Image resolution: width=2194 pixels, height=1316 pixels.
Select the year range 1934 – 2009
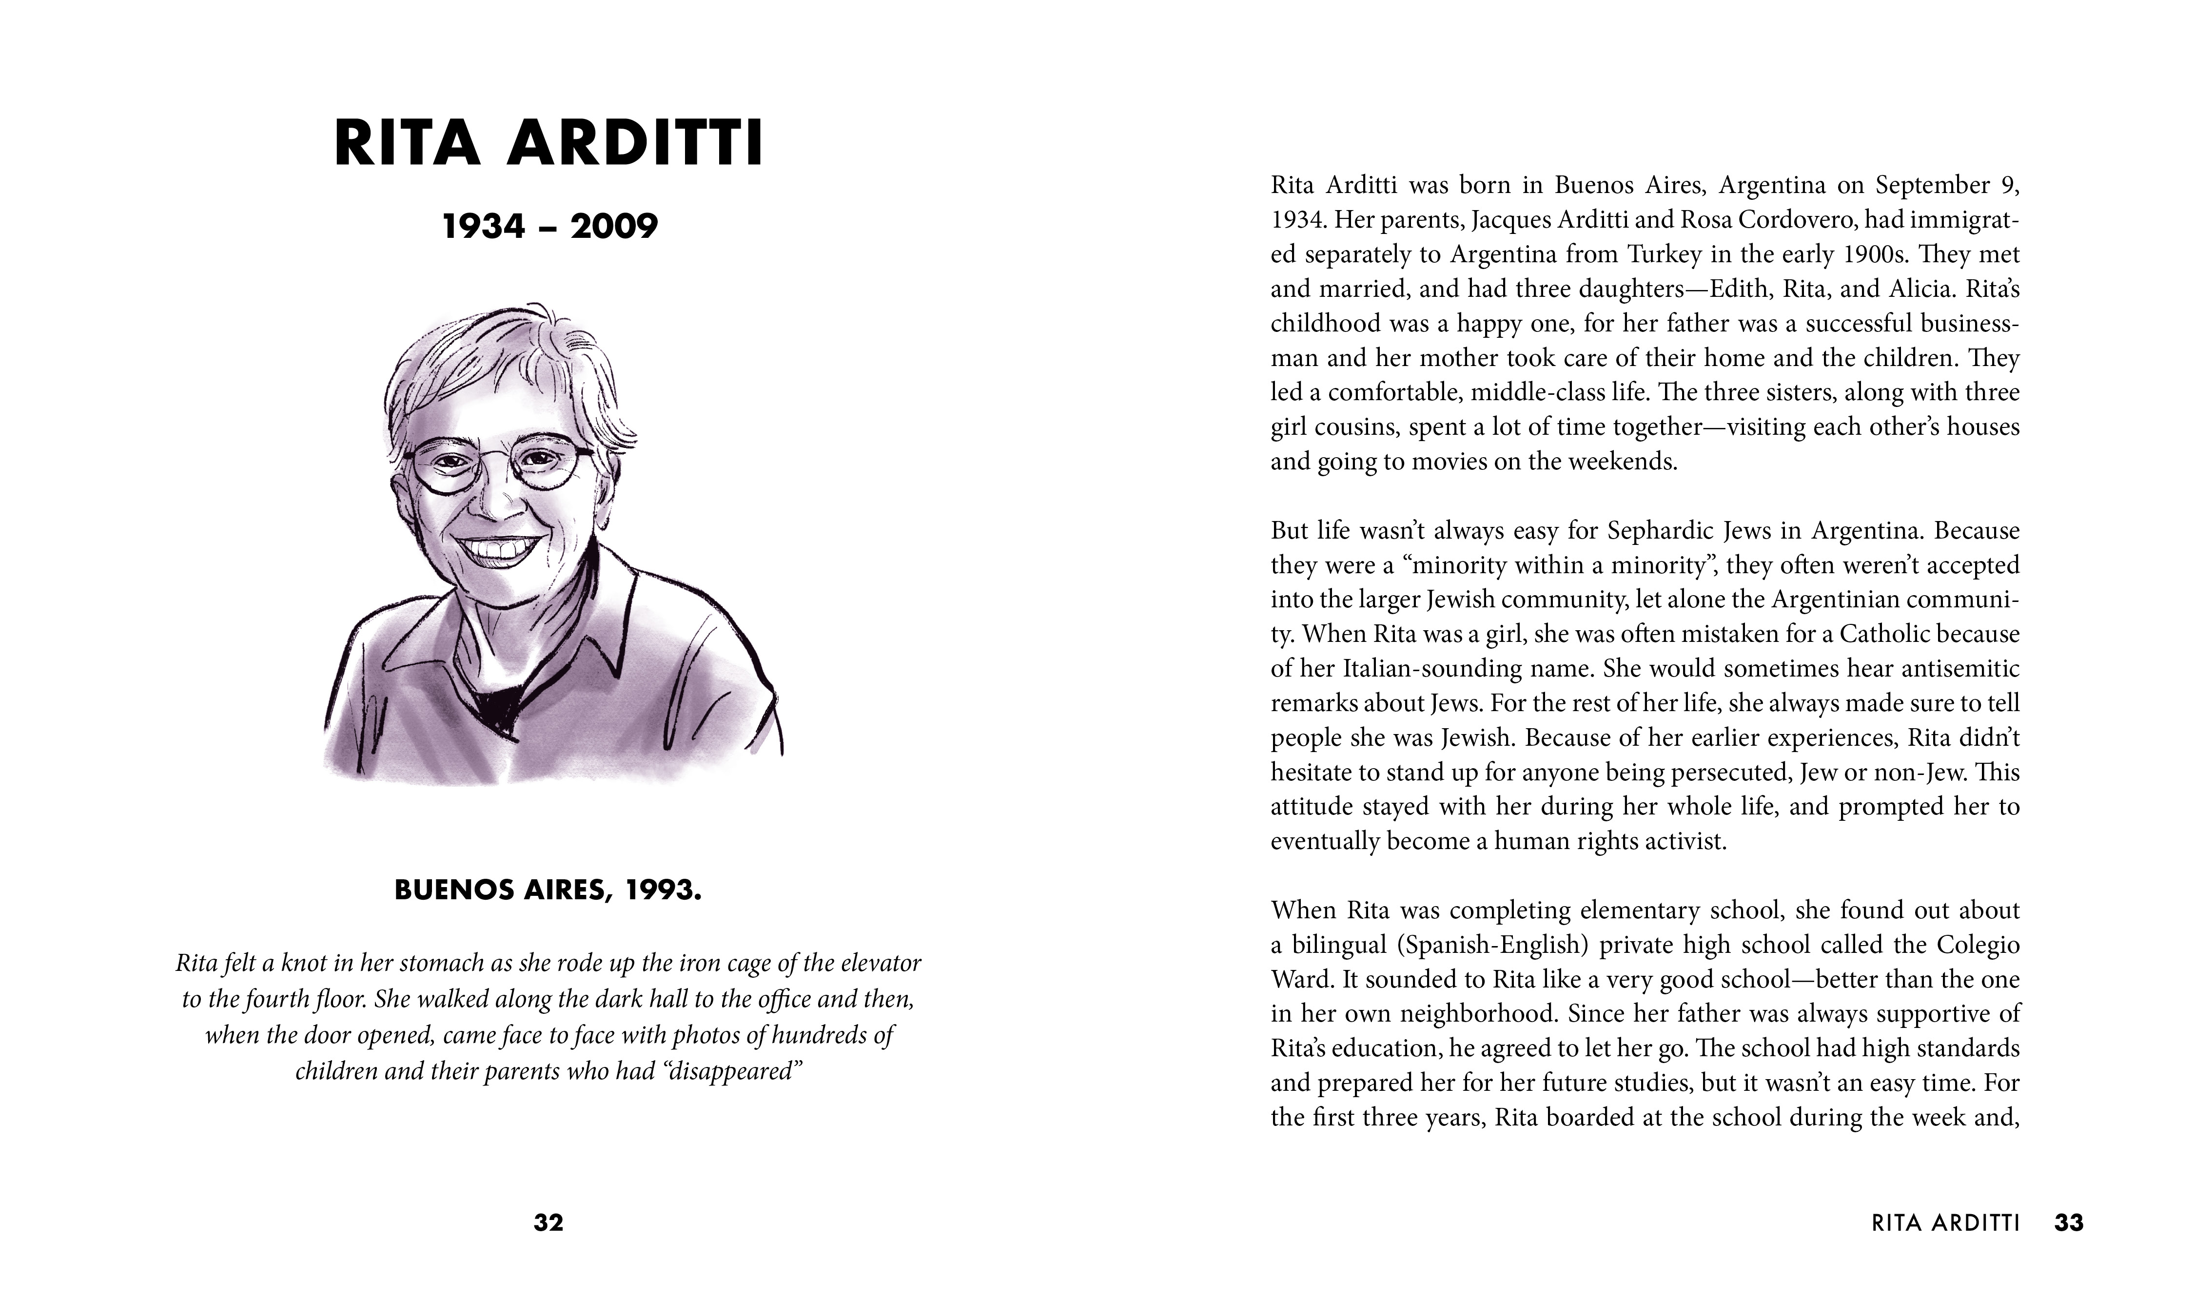coord(550,227)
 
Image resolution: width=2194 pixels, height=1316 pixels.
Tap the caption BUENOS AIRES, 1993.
coord(548,890)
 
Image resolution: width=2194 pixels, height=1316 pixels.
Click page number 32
coord(548,1223)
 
